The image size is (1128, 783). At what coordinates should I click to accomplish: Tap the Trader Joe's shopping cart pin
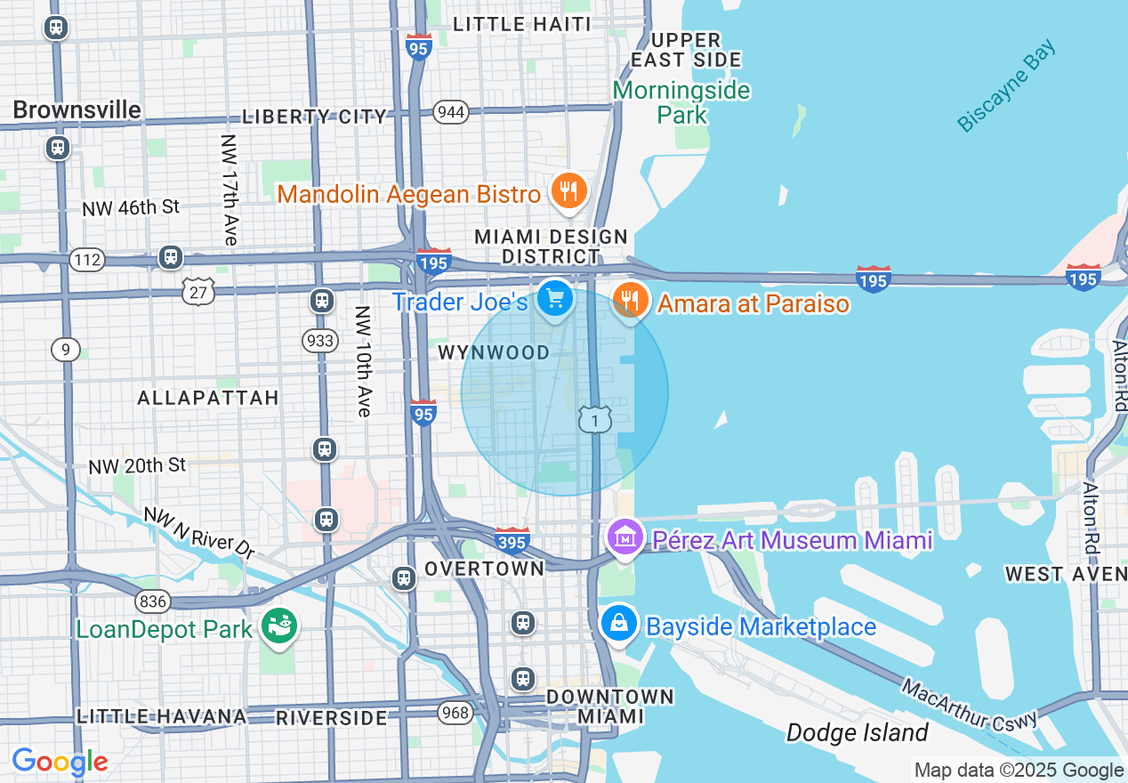[556, 299]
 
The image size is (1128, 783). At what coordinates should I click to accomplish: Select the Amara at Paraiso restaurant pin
[630, 300]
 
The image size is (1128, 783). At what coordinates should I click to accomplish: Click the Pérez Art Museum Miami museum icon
[626, 537]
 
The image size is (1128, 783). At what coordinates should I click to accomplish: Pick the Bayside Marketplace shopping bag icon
[619, 624]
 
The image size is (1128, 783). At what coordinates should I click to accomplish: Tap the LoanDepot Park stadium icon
[279, 627]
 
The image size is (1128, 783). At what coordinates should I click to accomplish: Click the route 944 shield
[451, 111]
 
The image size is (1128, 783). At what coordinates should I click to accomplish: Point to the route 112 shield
[87, 260]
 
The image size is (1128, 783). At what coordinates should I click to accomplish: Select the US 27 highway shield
[199, 290]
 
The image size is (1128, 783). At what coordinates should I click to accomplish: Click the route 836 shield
[153, 602]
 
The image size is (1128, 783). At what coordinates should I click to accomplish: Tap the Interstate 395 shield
[512, 539]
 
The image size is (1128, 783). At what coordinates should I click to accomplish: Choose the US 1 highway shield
[595, 419]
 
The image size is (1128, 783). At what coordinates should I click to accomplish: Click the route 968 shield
[455, 712]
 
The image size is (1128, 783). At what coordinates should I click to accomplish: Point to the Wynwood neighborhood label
[494, 353]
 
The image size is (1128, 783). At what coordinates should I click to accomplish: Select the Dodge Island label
[857, 733]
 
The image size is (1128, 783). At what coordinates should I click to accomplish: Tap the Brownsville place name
[77, 109]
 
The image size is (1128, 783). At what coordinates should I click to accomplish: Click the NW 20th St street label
[137, 465]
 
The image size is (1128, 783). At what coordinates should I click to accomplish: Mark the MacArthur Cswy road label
[969, 706]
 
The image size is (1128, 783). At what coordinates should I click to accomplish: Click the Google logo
[60, 762]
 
